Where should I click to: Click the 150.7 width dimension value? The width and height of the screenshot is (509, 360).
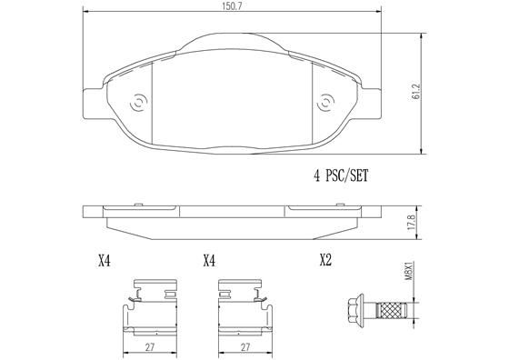click(235, 5)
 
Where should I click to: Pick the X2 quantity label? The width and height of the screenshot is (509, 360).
click(325, 261)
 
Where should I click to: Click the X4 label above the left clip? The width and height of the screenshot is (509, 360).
click(103, 261)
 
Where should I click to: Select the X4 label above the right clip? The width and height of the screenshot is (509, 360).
click(209, 261)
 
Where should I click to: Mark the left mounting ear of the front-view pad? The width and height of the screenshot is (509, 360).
click(93, 99)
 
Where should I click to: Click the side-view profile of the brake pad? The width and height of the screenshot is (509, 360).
click(234, 219)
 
